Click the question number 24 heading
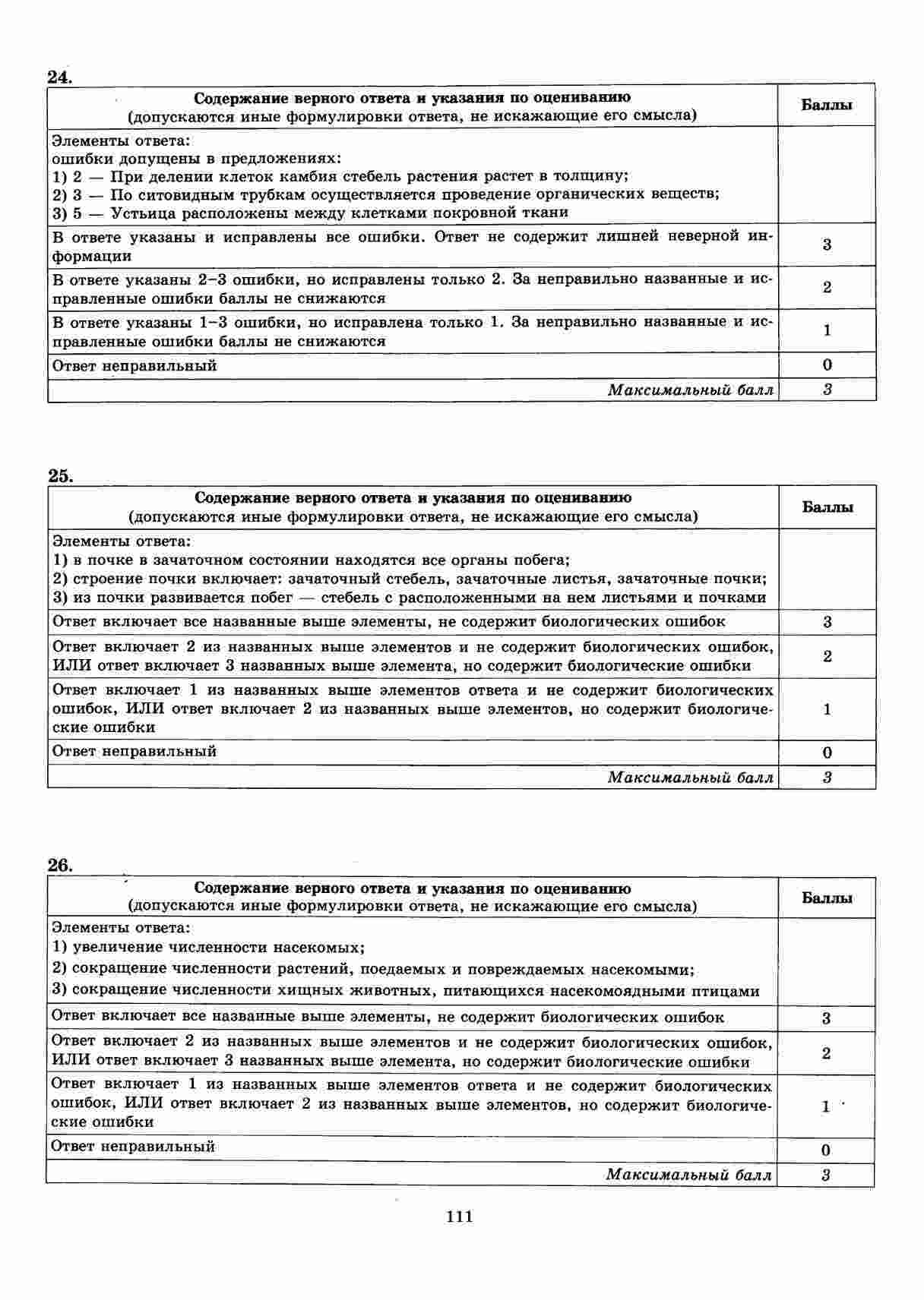[59, 77]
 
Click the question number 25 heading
[59, 476]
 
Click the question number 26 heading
[59, 866]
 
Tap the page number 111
[460, 1216]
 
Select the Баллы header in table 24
[827, 106]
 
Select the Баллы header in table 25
[827, 507]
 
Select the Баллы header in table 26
[827, 898]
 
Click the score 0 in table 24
[827, 365]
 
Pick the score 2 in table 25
[827, 656]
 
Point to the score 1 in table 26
[826, 1106]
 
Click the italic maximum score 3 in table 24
[827, 390]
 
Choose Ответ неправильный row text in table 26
[133, 1147]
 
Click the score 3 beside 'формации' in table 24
[827, 245]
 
